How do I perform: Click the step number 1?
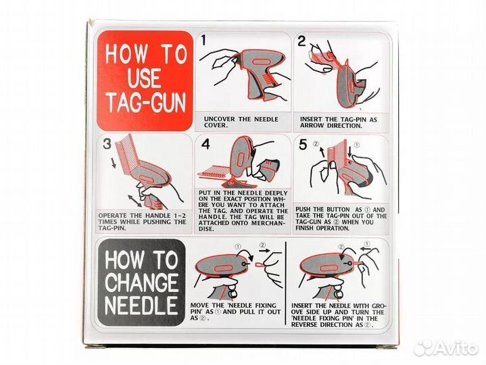point(203,41)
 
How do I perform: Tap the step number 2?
point(301,41)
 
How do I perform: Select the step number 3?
point(107,144)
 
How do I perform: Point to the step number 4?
point(205,144)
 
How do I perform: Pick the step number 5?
point(303,145)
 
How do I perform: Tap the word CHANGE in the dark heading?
point(142,283)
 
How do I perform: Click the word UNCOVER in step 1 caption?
point(219,119)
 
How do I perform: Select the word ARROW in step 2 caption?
point(312,126)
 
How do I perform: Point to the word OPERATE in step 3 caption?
point(112,216)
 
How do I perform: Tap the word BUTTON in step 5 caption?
point(336,210)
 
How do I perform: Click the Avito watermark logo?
point(445,348)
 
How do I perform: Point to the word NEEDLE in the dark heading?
point(141,306)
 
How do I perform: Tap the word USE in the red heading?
point(143,78)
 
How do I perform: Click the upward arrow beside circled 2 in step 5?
point(322,152)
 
